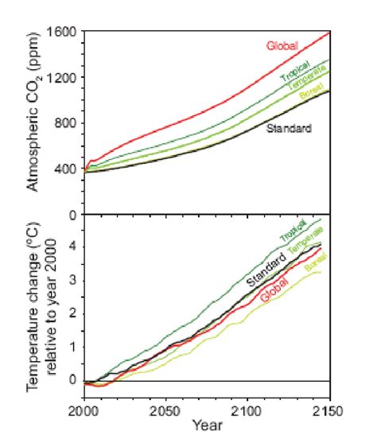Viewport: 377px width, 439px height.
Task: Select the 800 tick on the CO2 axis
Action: (64, 123)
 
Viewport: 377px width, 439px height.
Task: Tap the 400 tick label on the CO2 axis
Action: (64, 169)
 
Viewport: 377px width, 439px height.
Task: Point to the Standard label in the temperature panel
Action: (266, 271)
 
